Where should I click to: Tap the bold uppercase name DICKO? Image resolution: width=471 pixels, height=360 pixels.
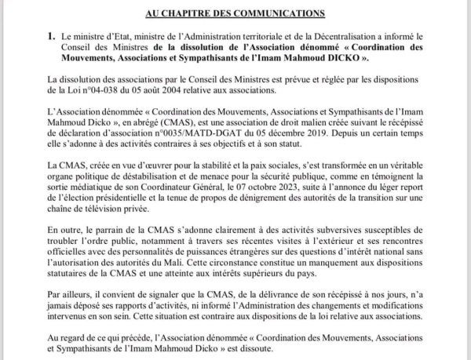pyautogui.click(x=322, y=58)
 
